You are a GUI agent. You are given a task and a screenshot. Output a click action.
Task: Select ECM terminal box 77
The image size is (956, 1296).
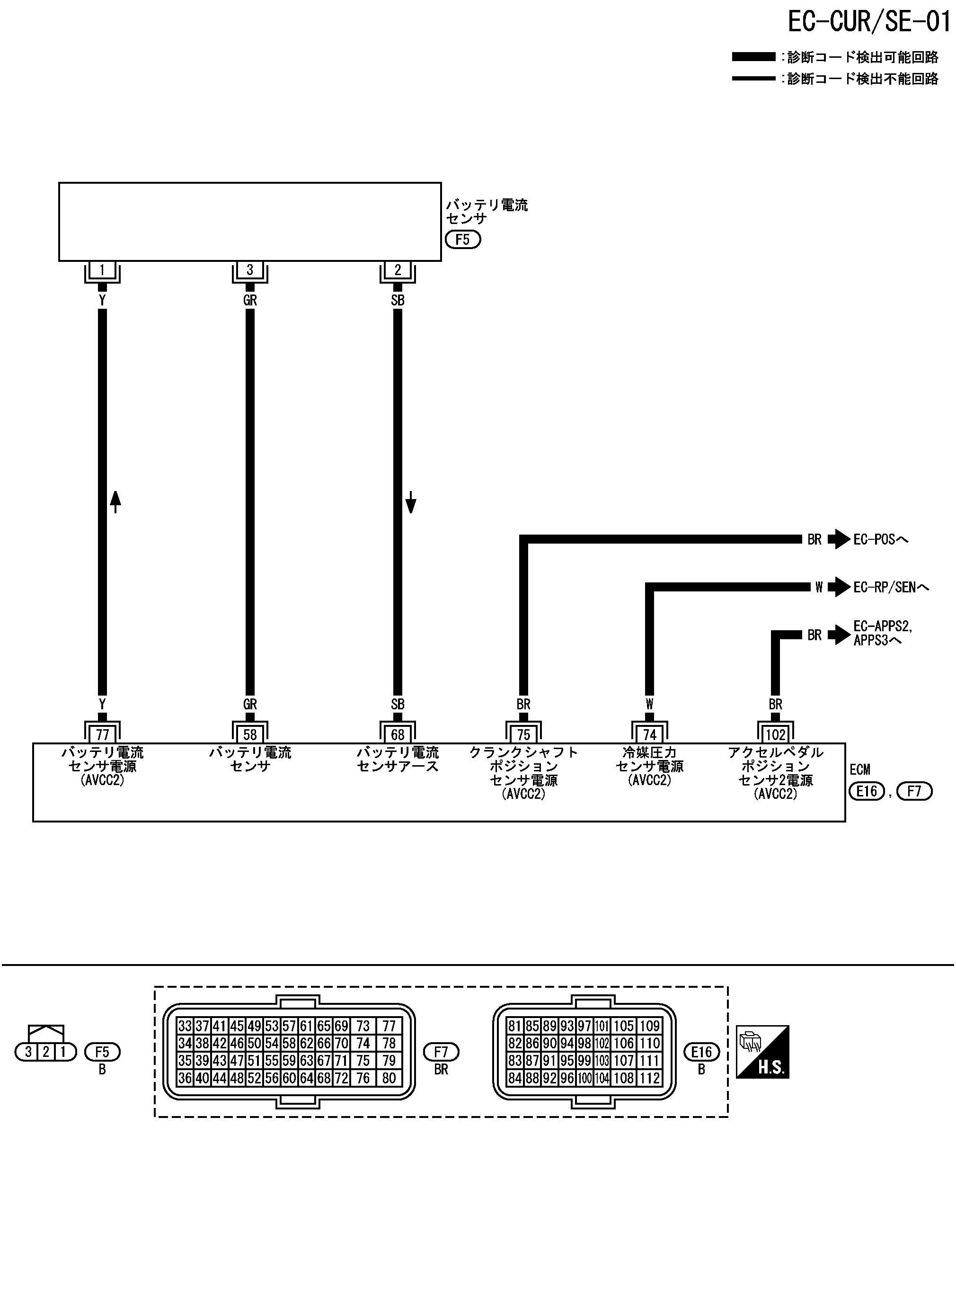click(102, 734)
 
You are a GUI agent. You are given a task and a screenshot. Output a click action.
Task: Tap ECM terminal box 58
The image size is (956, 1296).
click(250, 734)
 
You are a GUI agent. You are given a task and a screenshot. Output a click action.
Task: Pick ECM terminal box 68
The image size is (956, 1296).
click(398, 734)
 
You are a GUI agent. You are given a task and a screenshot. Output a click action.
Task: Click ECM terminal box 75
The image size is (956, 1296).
click(524, 734)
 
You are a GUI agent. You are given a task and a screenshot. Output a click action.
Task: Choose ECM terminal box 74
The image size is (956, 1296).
click(649, 734)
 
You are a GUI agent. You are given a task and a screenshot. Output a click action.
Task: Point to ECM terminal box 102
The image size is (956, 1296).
click(775, 734)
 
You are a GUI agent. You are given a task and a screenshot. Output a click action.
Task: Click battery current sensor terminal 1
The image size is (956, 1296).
click(102, 270)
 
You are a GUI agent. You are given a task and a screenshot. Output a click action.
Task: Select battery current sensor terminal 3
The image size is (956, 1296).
click(250, 270)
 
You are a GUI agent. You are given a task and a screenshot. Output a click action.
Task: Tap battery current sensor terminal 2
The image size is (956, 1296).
click(398, 270)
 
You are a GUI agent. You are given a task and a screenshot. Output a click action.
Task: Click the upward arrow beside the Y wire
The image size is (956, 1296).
click(116, 501)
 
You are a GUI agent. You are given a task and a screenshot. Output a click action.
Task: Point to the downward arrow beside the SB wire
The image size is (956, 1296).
click(411, 502)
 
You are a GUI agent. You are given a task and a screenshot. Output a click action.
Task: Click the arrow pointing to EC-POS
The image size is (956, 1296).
click(839, 539)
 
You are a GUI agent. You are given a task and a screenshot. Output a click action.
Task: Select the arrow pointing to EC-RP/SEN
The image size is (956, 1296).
click(839, 587)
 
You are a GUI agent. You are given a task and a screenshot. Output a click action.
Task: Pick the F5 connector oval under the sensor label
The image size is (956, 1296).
click(463, 239)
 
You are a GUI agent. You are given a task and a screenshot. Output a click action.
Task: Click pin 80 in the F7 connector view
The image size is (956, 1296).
click(389, 1078)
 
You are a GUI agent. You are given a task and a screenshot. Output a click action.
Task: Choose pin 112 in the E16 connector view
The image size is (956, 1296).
click(649, 1078)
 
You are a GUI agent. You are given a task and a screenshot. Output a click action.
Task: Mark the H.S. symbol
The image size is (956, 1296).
click(762, 1052)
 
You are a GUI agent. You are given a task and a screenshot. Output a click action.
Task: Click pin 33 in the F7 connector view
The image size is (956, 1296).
click(185, 1026)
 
